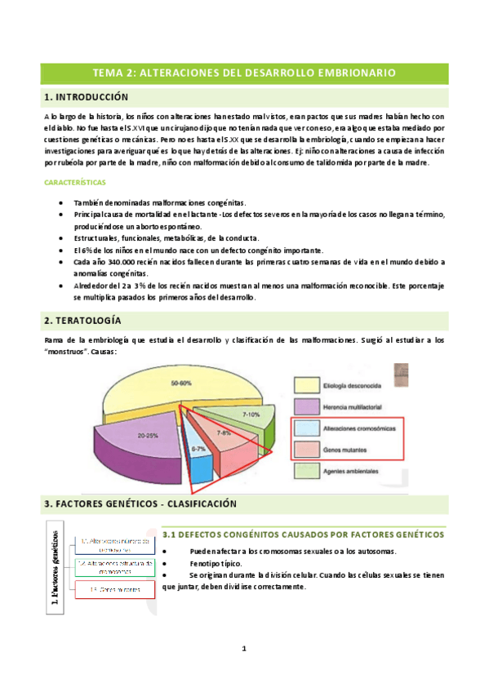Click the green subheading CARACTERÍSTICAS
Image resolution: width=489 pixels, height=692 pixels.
(80, 183)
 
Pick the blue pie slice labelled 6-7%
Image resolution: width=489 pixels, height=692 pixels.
(198, 449)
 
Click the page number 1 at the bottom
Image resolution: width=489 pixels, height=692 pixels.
(244, 649)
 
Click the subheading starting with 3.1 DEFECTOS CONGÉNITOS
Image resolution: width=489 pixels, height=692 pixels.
(302, 535)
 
